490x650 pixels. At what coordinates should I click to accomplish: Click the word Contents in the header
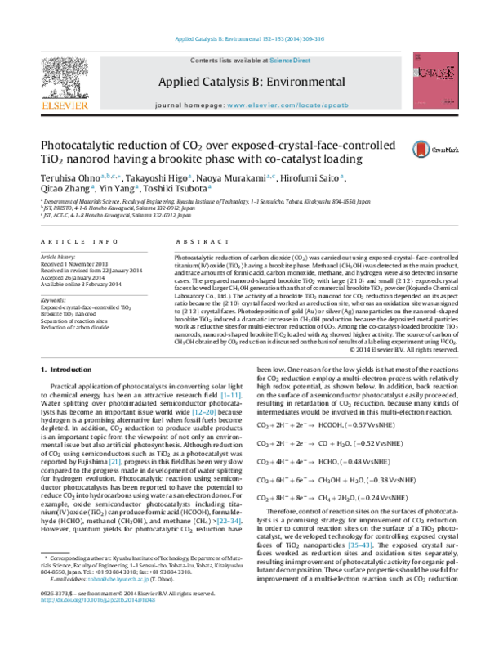pos(203,61)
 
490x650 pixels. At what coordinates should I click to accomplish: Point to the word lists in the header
pos(226,61)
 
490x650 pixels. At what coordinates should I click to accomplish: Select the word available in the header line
pos(249,61)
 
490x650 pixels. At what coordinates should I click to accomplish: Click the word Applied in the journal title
pos(181,82)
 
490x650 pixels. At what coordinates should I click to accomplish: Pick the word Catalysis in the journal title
pos(231,82)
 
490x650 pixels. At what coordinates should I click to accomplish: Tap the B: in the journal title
pos(268,82)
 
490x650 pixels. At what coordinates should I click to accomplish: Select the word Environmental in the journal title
pos(311,82)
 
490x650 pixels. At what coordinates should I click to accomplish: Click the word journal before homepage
pos(171,105)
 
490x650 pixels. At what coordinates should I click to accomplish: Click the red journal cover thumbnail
pos(434,80)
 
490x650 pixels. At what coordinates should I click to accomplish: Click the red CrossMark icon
pos(421,150)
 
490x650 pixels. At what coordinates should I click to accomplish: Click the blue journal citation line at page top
pos(251,39)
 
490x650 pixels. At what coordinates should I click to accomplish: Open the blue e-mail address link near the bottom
pos(118,579)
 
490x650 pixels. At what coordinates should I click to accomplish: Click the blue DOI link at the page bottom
pos(98,600)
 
